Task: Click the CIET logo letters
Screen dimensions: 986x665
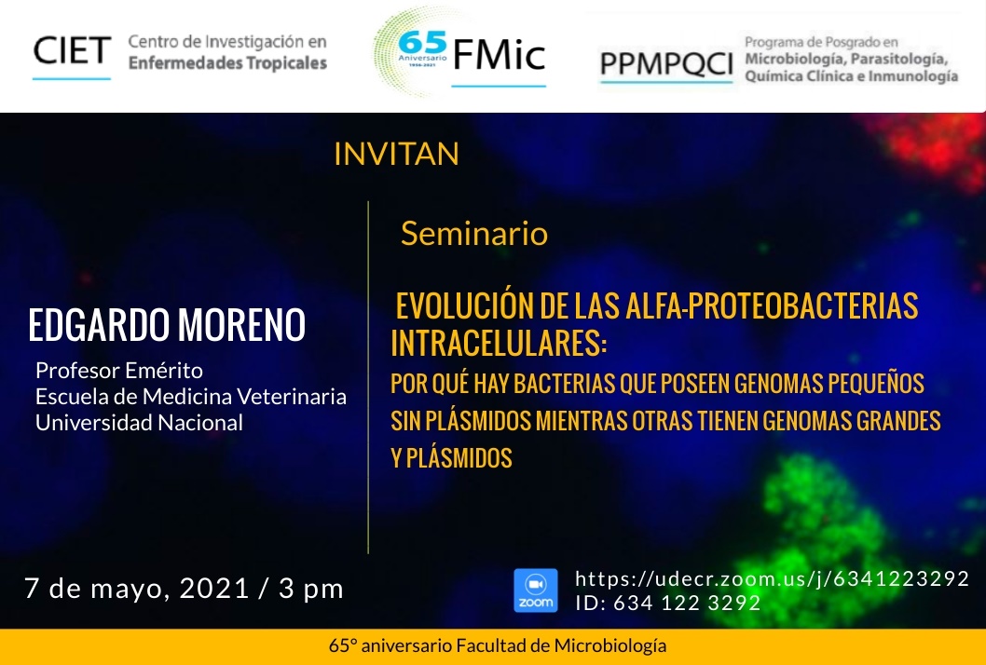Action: pos(72,51)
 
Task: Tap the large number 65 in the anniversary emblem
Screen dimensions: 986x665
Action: pos(422,43)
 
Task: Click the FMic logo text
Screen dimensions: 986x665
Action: pos(499,54)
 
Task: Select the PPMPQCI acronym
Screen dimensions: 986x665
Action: pos(666,64)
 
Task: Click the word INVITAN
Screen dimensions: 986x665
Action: pos(396,154)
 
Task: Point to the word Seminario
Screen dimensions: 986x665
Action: pos(474,233)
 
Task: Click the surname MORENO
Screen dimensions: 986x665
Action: pos(241,325)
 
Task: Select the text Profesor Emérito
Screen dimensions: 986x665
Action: pos(119,370)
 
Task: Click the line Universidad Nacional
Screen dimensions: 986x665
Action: pos(139,423)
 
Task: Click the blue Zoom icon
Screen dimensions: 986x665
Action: pos(535,590)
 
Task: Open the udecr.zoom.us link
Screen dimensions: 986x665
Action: pos(773,578)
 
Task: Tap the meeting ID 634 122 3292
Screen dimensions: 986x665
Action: pos(687,603)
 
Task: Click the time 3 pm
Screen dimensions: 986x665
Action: pos(311,589)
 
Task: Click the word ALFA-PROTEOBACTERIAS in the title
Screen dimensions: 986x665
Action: pos(772,306)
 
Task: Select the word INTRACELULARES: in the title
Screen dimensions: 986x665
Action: pos(499,343)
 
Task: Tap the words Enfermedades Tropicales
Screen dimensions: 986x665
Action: pos(227,62)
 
